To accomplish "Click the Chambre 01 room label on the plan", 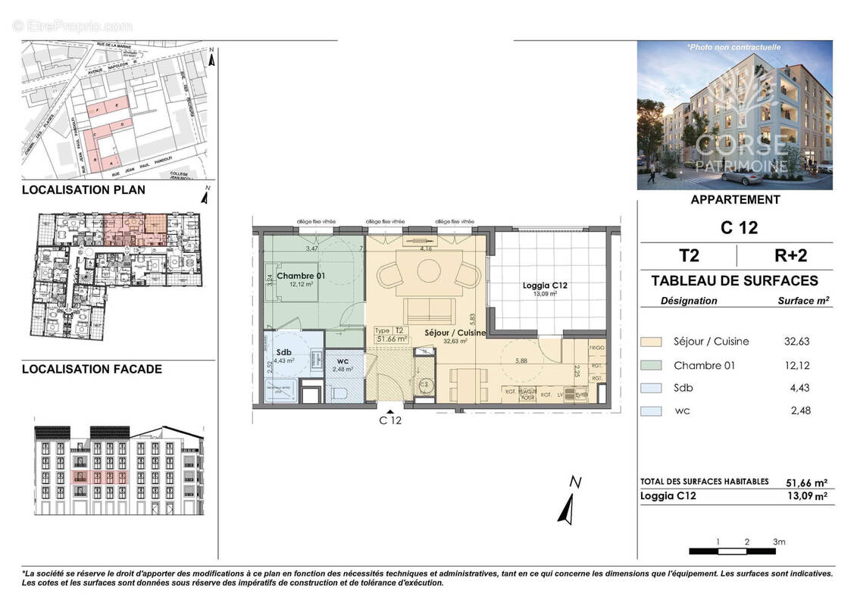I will tap(301, 276).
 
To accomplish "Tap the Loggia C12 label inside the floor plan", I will tap(545, 286).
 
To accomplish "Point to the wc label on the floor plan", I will tap(345, 361).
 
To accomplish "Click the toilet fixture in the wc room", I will tap(339, 392).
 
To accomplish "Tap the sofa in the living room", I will tap(428, 310).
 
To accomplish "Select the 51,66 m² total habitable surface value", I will tap(805, 482).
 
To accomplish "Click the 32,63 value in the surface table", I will tap(797, 342).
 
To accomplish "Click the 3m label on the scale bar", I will tap(778, 542).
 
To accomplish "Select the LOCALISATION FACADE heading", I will tap(92, 370).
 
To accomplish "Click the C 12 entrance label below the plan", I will tap(389, 421).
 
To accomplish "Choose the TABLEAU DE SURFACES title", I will tap(734, 281).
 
